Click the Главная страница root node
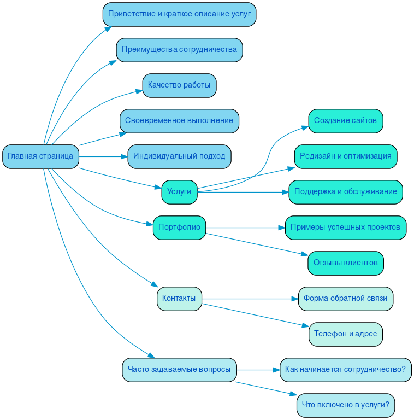40,156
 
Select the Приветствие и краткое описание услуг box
179,14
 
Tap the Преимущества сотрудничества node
179,50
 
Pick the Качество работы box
179,85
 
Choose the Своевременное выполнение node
179,121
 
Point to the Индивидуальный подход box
179,156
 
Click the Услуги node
179,192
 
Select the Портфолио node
179,227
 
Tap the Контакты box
179,299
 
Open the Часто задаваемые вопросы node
179,370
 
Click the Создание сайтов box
345,121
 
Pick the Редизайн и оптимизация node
345,156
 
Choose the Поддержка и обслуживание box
345,192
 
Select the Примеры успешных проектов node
345,227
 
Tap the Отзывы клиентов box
345,263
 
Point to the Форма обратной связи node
345,299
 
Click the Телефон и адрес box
345,334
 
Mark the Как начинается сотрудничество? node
345,370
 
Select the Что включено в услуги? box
345,405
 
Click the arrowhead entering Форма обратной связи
295,299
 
